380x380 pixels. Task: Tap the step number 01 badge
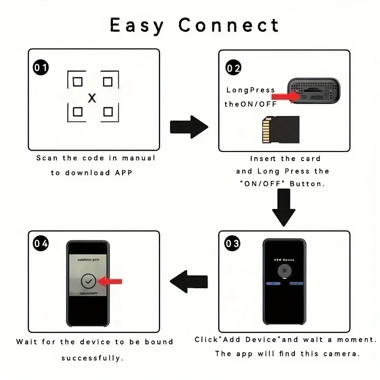tap(41, 68)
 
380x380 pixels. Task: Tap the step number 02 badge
tap(233, 68)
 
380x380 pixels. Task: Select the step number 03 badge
tap(233, 244)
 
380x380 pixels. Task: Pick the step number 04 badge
tap(41, 244)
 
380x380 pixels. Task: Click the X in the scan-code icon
tap(92, 98)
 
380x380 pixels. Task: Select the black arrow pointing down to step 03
tap(284, 207)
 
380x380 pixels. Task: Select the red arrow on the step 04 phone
tap(110, 281)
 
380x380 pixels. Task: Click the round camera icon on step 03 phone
tap(284, 271)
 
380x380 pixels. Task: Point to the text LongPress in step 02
tap(250, 90)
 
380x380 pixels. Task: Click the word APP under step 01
tap(123, 173)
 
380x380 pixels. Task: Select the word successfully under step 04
tap(92, 358)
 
